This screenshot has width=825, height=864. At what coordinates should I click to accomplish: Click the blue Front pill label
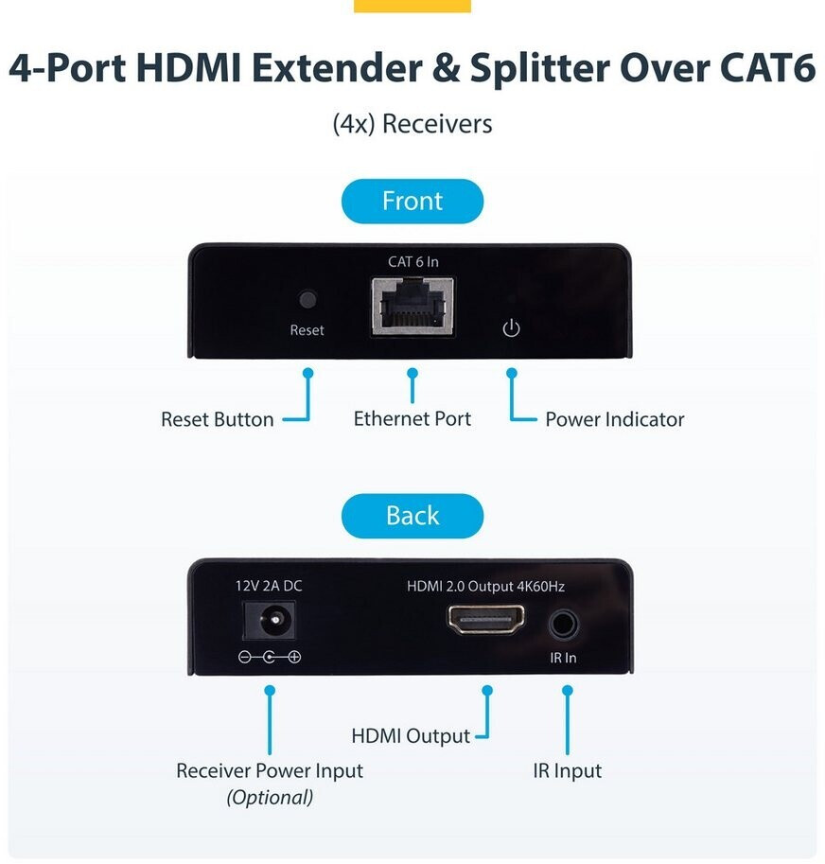point(412,202)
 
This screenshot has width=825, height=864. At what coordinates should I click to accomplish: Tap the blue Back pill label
point(412,516)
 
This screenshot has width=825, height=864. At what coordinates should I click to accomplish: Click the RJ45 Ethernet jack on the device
point(412,307)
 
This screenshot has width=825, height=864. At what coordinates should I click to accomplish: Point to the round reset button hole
point(307,300)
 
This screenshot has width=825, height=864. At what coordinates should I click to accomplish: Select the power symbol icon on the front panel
point(511,327)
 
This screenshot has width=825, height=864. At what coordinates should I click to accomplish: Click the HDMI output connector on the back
point(485,619)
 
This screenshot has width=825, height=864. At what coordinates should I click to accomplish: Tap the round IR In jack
point(563,625)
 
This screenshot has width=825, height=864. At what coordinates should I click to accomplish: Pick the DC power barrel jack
point(270,621)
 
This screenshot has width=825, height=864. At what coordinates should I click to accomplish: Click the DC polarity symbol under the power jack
point(270,657)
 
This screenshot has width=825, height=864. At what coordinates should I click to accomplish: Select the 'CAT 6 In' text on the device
point(413,262)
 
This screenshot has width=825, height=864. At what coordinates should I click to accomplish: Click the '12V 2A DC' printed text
point(269,586)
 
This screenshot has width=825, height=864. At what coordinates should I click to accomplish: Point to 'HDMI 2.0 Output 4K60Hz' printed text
point(485,587)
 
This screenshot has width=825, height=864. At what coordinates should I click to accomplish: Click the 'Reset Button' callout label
point(217,419)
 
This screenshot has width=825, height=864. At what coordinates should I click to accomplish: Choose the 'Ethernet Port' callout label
point(412,419)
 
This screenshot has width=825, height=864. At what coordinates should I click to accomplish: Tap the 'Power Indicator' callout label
point(615,419)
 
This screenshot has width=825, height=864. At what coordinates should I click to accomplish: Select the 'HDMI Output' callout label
point(411,736)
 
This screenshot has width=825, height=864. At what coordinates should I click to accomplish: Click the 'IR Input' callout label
point(568,771)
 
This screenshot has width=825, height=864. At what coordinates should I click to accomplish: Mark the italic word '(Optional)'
point(270,798)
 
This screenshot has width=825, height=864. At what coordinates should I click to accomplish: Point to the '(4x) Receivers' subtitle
point(412,124)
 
